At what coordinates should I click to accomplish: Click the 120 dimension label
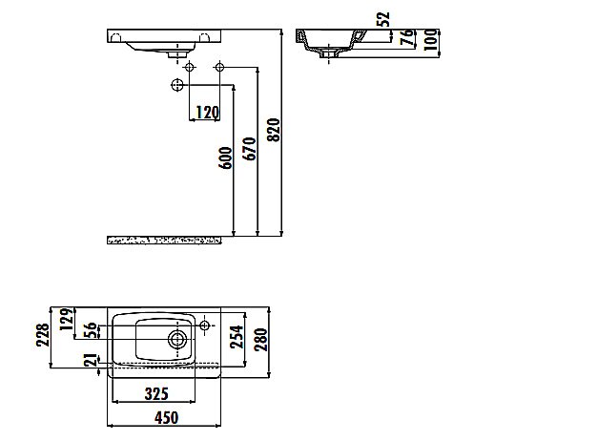(207, 113)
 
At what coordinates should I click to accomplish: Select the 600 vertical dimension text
(225, 157)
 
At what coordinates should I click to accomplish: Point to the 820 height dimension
(277, 130)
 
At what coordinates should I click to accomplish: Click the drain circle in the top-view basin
(176, 338)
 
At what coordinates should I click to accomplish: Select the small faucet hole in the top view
(205, 327)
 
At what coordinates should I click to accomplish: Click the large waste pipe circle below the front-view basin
(176, 86)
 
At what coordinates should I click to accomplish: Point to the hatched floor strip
(164, 238)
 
